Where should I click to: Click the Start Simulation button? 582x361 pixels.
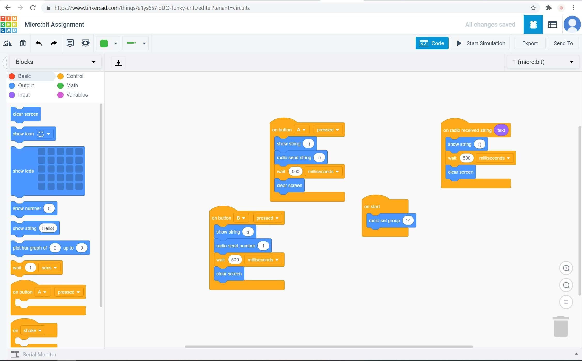[480, 43]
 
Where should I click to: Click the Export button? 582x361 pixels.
[530, 43]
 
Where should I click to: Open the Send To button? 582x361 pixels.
[563, 43]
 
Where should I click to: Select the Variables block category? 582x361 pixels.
[77, 95]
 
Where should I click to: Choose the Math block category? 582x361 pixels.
[72, 85]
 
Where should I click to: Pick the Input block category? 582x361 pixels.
[24, 95]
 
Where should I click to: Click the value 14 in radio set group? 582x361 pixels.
[408, 221]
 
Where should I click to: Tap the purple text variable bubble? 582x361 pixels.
[501, 130]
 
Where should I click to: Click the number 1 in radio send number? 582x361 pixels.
[263, 246]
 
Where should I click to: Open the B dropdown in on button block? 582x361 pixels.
[241, 218]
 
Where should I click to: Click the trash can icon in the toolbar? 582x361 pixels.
[23, 43]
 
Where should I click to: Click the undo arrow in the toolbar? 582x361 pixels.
[38, 43]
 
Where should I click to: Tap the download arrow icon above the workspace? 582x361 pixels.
[119, 62]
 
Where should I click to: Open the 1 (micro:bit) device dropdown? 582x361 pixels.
[543, 62]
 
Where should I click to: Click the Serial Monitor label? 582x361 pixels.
[39, 355]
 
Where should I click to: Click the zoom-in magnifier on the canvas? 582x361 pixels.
[566, 268]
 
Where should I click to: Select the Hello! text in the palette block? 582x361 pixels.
[48, 228]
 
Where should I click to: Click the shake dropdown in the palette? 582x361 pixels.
[33, 331]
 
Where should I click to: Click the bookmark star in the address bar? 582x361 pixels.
[533, 8]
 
